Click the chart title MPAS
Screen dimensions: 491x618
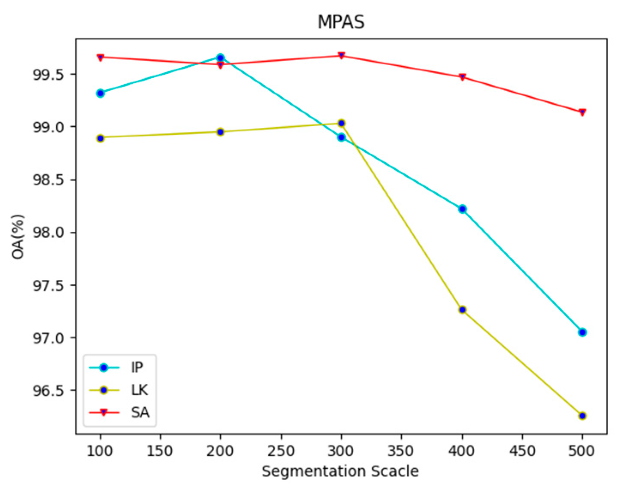(x=341, y=22)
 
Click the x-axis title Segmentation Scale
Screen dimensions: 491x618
(x=340, y=471)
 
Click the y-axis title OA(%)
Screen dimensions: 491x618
(x=18, y=236)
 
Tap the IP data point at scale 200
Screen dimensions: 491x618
(x=220, y=58)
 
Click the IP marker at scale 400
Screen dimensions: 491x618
(x=462, y=209)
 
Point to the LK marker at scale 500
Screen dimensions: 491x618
(x=582, y=415)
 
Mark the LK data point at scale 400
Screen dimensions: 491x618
(x=462, y=309)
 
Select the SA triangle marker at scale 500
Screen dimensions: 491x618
(x=582, y=112)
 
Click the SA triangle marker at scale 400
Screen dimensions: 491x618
(x=462, y=77)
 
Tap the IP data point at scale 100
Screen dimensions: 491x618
(x=100, y=93)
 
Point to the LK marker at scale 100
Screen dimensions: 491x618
(x=100, y=138)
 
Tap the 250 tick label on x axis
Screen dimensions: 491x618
(x=281, y=451)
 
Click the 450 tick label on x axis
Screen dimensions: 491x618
(x=522, y=451)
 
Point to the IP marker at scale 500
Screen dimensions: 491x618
(x=582, y=332)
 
